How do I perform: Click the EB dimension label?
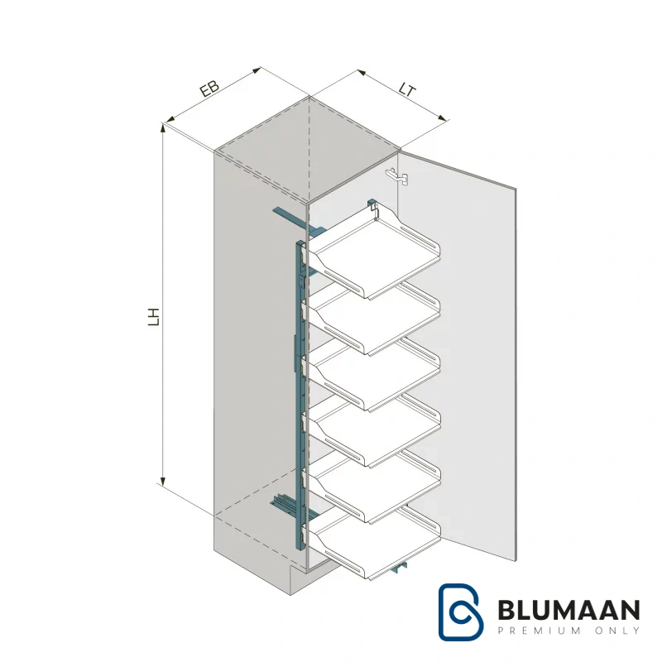coord(209,89)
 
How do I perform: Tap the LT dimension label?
coord(408,90)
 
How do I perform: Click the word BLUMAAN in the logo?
coord(568,611)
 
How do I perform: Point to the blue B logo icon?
coord(460,612)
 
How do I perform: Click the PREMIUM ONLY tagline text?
coord(568,631)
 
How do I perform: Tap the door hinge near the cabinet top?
coord(397,176)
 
